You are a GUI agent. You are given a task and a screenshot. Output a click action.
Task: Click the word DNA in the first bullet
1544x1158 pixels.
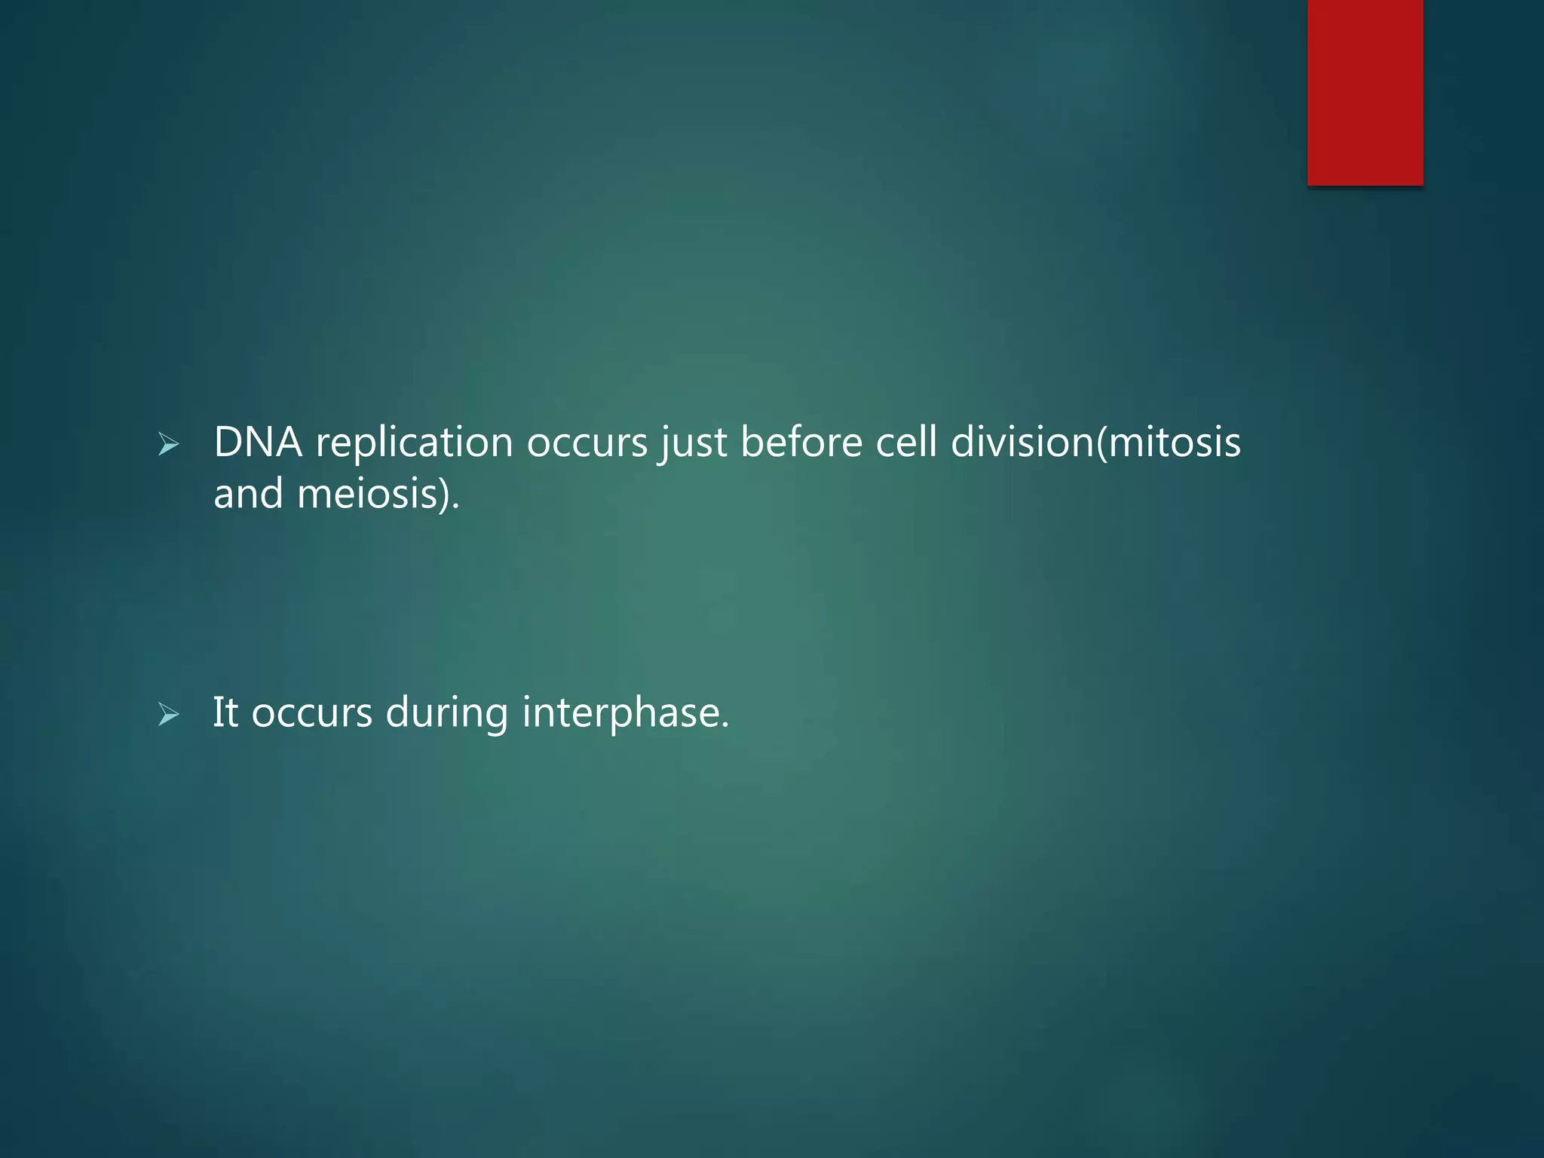pyautogui.click(x=258, y=442)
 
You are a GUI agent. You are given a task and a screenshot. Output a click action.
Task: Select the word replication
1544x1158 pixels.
pyautogui.click(x=414, y=443)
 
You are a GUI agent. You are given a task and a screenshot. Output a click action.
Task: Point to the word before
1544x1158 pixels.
pyautogui.click(x=801, y=442)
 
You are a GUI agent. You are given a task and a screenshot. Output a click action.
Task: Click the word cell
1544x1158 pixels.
pyautogui.click(x=905, y=442)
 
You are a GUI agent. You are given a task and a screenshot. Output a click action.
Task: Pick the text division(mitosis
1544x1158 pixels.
pyautogui.click(x=1095, y=442)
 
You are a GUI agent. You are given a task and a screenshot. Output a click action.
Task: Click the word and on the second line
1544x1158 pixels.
pyautogui.click(x=248, y=495)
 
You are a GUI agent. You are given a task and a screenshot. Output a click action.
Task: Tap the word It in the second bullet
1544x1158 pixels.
pyautogui.click(x=225, y=712)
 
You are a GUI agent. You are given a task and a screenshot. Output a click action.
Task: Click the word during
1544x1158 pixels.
pyautogui.click(x=447, y=714)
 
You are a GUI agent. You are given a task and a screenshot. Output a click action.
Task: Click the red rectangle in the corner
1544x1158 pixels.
pyautogui.click(x=1365, y=92)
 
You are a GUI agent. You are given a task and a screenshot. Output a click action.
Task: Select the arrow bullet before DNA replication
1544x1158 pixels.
pyautogui.click(x=169, y=446)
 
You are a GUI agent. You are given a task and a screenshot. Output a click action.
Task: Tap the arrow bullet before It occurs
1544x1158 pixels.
pyautogui.click(x=169, y=715)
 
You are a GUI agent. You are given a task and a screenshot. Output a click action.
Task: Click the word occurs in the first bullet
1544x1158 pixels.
pyautogui.click(x=587, y=443)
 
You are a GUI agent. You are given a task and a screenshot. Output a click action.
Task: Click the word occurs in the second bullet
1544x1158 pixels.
pyautogui.click(x=311, y=714)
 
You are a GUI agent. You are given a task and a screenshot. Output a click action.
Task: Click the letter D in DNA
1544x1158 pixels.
pyautogui.click(x=228, y=442)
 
